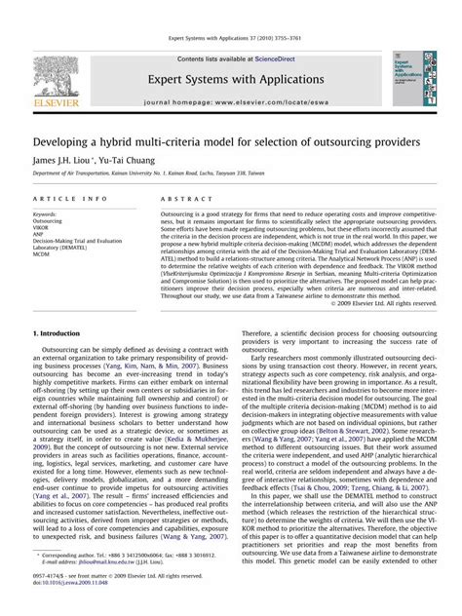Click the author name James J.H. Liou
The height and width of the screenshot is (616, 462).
click(x=64, y=159)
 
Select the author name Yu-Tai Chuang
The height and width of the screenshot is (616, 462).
click(x=127, y=159)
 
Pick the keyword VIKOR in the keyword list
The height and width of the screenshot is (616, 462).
click(x=44, y=229)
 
